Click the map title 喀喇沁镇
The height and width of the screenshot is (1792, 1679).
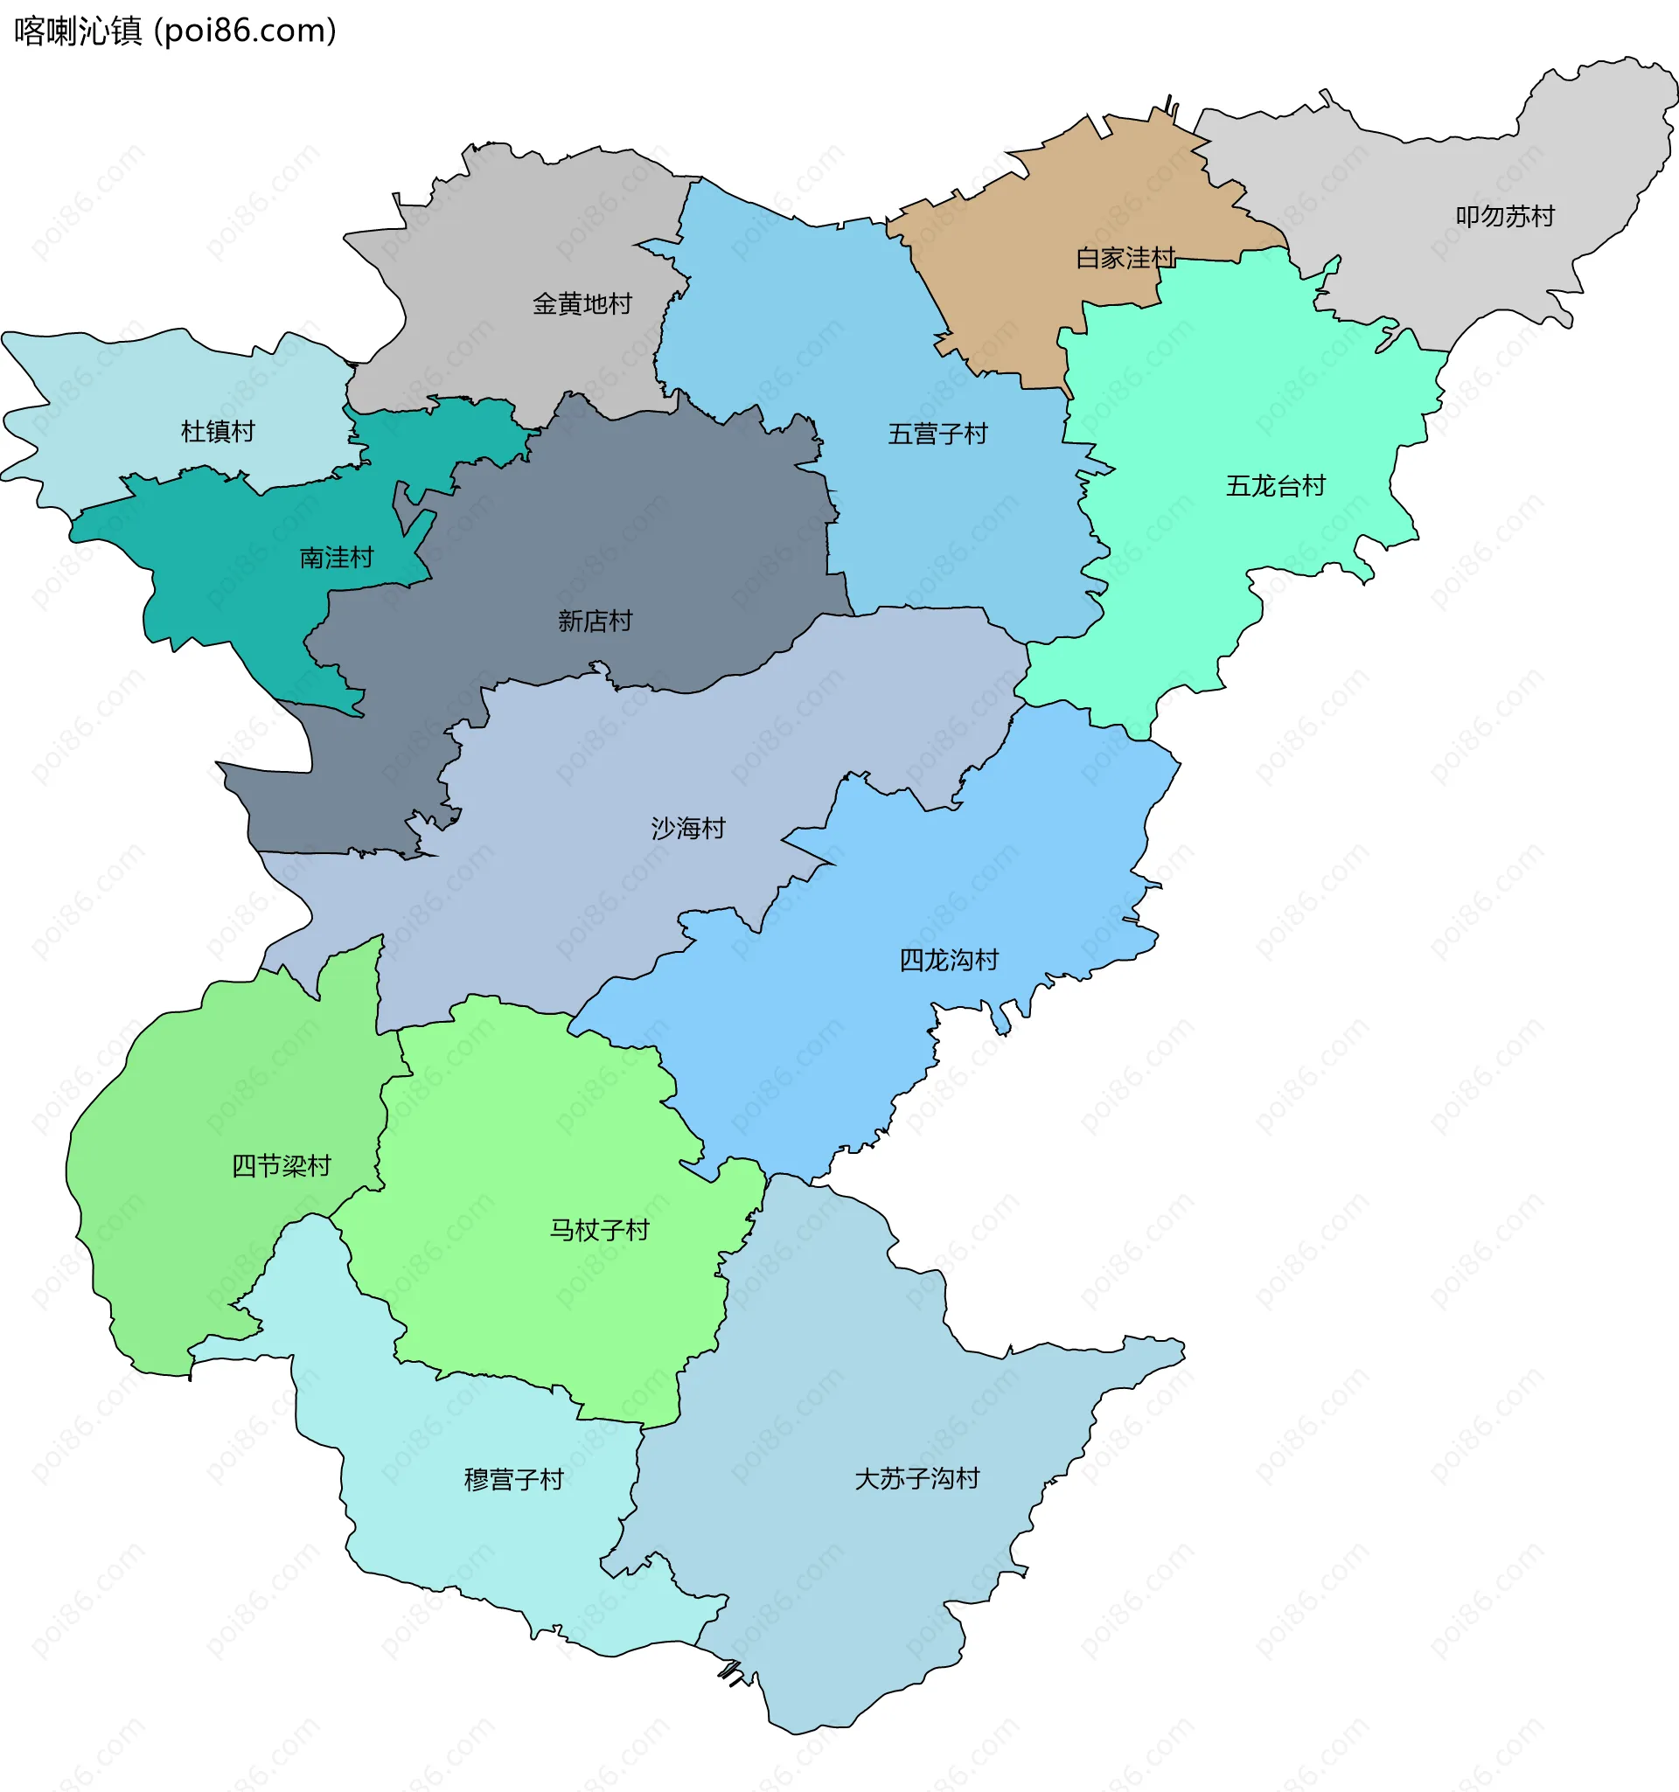(78, 31)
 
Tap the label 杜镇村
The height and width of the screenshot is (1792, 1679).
(218, 432)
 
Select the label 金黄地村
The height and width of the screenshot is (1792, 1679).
(582, 304)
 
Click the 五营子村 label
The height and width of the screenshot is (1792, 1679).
(937, 434)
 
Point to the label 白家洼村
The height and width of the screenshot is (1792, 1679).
(1125, 259)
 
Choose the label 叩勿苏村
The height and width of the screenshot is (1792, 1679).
(1504, 216)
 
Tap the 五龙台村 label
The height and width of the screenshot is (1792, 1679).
(1274, 487)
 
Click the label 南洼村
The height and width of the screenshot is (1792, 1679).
(337, 558)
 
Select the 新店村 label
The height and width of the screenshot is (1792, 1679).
(595, 621)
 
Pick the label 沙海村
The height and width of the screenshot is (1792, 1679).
(688, 829)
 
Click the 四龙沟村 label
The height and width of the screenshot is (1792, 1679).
(948, 960)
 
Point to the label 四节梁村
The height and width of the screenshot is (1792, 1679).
(282, 1165)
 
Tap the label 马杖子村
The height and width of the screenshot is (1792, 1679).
(599, 1230)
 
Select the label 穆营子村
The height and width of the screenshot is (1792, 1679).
(513, 1479)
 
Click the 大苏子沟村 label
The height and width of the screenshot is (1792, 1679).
(916, 1478)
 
